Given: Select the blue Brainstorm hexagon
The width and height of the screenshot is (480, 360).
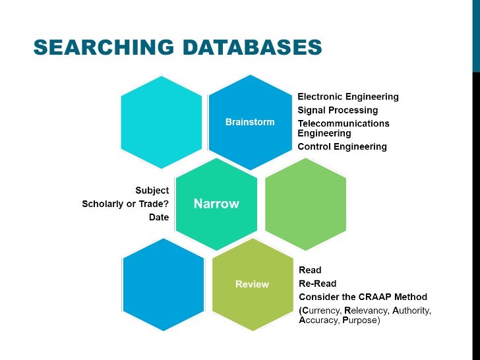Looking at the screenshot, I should tap(250, 122).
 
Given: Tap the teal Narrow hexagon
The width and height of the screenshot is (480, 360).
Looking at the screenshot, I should tap(216, 204).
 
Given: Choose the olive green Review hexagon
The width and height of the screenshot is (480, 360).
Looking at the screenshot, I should tap(252, 284).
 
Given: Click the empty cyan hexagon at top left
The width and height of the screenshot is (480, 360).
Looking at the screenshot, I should tap(162, 122).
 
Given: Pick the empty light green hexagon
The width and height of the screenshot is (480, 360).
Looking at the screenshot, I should tap(305, 204).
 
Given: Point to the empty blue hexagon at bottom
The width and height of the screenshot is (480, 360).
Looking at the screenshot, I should tap(164, 284).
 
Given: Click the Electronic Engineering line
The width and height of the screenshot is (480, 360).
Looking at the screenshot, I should tap(348, 97).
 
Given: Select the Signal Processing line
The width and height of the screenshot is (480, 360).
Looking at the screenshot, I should tap(338, 110).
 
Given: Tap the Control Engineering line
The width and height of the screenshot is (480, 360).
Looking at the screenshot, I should tap(342, 146).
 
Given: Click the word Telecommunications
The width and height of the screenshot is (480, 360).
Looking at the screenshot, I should tap(344, 123).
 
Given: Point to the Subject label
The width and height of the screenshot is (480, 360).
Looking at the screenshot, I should tap(152, 191).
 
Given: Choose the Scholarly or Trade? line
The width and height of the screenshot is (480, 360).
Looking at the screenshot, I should tap(125, 204).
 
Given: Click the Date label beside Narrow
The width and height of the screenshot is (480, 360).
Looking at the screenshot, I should tap(159, 217).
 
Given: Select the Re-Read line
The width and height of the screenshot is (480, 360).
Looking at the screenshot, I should tap(317, 284).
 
